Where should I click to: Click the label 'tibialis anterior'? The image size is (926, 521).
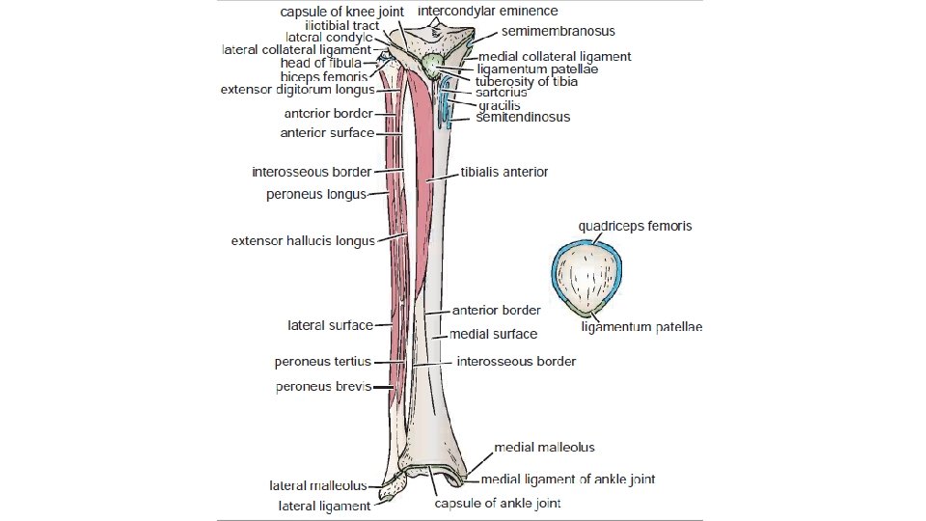(x=504, y=172)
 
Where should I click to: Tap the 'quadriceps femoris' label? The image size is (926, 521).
(x=635, y=227)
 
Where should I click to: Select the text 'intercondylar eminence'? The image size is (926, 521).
(x=487, y=12)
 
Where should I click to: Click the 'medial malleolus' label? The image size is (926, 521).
(x=544, y=448)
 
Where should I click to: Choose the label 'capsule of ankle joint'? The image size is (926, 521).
(x=497, y=503)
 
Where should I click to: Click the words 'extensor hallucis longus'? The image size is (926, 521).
(x=302, y=241)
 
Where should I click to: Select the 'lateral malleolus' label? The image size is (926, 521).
(x=317, y=486)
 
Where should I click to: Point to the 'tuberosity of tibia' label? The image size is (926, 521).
(x=527, y=82)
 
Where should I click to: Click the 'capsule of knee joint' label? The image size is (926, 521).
(x=341, y=12)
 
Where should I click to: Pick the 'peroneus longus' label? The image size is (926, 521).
(x=315, y=195)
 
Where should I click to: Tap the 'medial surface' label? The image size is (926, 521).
(x=493, y=334)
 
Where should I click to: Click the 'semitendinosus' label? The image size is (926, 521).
(x=523, y=118)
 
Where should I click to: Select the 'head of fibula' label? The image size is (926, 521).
(x=320, y=63)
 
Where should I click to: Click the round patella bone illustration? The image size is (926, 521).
(x=587, y=278)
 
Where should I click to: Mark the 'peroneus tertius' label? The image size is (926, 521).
(x=323, y=363)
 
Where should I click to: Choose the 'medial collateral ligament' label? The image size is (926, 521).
(x=555, y=57)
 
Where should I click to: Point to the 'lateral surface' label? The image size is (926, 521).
(x=330, y=325)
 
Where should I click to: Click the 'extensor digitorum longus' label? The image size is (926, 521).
(x=297, y=90)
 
